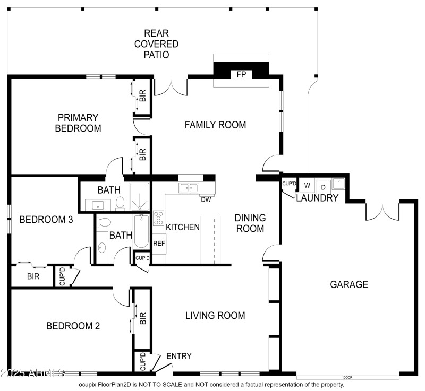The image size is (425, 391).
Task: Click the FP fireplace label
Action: (241, 75)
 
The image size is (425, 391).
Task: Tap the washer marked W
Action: (307, 186)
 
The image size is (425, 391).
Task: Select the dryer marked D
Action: (322, 186)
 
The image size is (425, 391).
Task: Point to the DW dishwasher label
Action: (206, 199)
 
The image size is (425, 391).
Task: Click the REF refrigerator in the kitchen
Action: (158, 243)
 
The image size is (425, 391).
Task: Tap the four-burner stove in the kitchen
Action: (158, 218)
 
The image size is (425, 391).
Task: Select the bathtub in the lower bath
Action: (141, 231)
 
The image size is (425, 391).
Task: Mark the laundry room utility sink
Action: (338, 184)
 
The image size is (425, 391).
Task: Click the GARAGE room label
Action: (349, 284)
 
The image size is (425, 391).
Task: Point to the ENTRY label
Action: (178, 356)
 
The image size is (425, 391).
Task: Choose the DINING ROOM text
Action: (250, 223)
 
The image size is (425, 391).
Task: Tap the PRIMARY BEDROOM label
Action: (78, 123)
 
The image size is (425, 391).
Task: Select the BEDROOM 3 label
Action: (46, 219)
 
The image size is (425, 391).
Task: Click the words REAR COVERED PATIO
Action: (156, 44)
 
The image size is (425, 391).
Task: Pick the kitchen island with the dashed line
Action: (210, 240)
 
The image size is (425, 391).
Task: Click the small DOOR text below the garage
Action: (347, 377)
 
